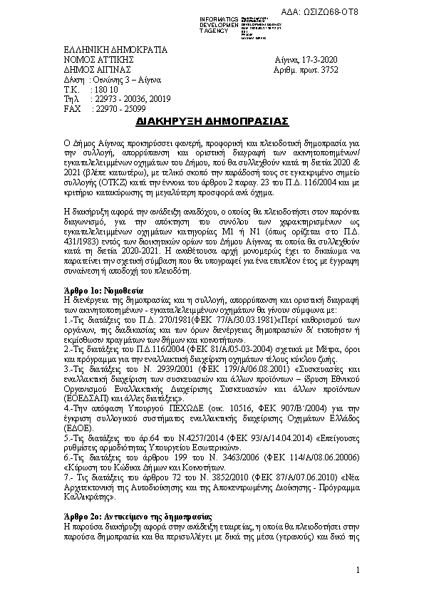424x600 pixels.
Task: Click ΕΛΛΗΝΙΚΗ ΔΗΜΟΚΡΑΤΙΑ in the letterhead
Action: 115,51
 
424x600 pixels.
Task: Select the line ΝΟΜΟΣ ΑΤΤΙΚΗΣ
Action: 92,61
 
